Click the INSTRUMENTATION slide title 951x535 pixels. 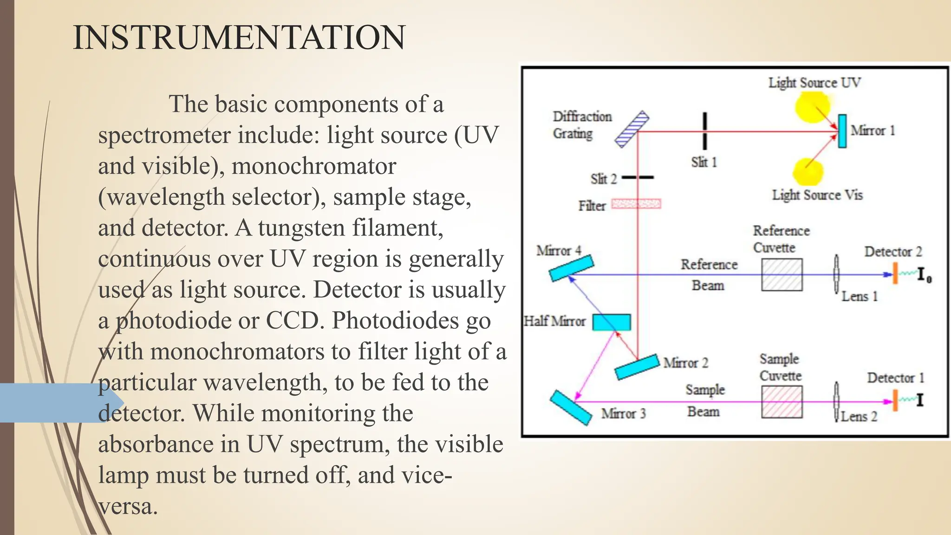click(239, 38)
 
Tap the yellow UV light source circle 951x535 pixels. click(812, 106)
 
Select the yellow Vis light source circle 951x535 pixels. click(808, 171)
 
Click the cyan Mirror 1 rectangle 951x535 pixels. click(842, 131)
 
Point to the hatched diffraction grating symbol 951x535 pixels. click(632, 129)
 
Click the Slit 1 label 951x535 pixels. click(704, 162)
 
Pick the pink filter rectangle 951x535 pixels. click(636, 204)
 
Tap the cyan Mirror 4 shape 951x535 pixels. click(571, 268)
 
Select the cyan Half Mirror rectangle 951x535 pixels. click(612, 322)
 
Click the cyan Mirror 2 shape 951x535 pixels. click(637, 367)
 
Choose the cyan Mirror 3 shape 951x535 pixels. click(571, 407)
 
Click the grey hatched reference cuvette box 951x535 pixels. click(782, 275)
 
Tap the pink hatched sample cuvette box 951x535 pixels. click(782, 402)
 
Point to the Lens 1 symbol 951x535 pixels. click(836, 274)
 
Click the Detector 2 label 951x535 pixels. click(893, 252)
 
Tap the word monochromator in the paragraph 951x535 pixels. click(314, 166)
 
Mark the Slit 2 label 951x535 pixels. click(603, 179)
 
